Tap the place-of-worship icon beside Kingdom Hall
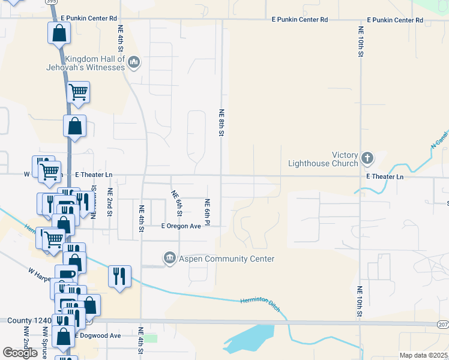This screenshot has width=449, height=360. pos(134,61)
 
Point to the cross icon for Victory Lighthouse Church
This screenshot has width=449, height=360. pos(367,158)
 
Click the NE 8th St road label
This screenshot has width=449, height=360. pos(221,122)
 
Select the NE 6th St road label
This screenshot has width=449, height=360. pos(177,203)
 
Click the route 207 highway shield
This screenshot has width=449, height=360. pos(443,324)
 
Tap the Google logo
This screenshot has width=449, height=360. pos(20,353)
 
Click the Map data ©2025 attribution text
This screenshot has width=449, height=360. pos(424,355)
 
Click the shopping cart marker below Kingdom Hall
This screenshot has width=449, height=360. pos(78,92)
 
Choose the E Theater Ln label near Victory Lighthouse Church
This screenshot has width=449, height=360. pos(385,177)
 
